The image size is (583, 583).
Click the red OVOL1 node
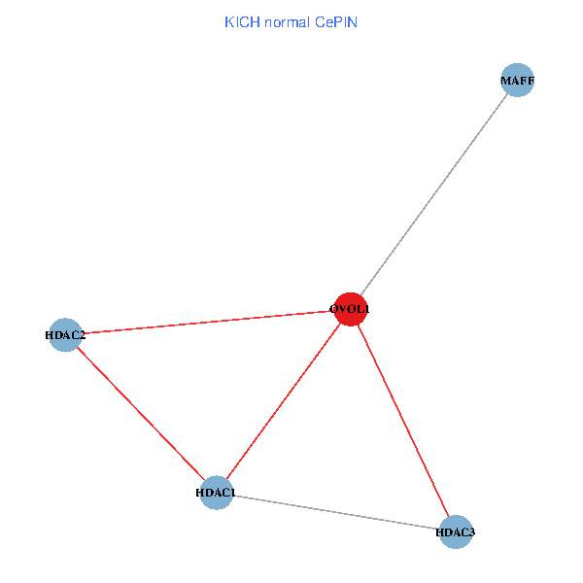point(351,309)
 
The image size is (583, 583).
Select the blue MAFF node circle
point(518,80)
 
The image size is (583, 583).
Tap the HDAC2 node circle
point(65,335)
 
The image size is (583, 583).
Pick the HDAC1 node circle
point(217,493)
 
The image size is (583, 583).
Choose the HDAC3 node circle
point(456,532)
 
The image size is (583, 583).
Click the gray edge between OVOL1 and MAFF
point(434,194)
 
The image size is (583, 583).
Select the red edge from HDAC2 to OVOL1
point(208,322)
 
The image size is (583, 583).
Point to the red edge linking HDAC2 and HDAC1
point(141,414)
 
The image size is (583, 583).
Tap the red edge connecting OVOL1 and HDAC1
point(284,401)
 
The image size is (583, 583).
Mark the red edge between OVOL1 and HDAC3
point(403,421)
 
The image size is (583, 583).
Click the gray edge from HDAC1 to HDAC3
point(336,512)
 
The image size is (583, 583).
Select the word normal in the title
point(287,22)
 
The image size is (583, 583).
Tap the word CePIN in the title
point(336,22)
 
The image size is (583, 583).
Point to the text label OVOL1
point(350,309)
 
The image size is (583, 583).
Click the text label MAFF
point(518,81)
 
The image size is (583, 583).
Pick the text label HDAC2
point(65,335)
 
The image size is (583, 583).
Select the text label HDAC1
point(216,493)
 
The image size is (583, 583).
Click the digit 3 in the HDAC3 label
point(472,532)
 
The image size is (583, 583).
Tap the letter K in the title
point(228,22)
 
